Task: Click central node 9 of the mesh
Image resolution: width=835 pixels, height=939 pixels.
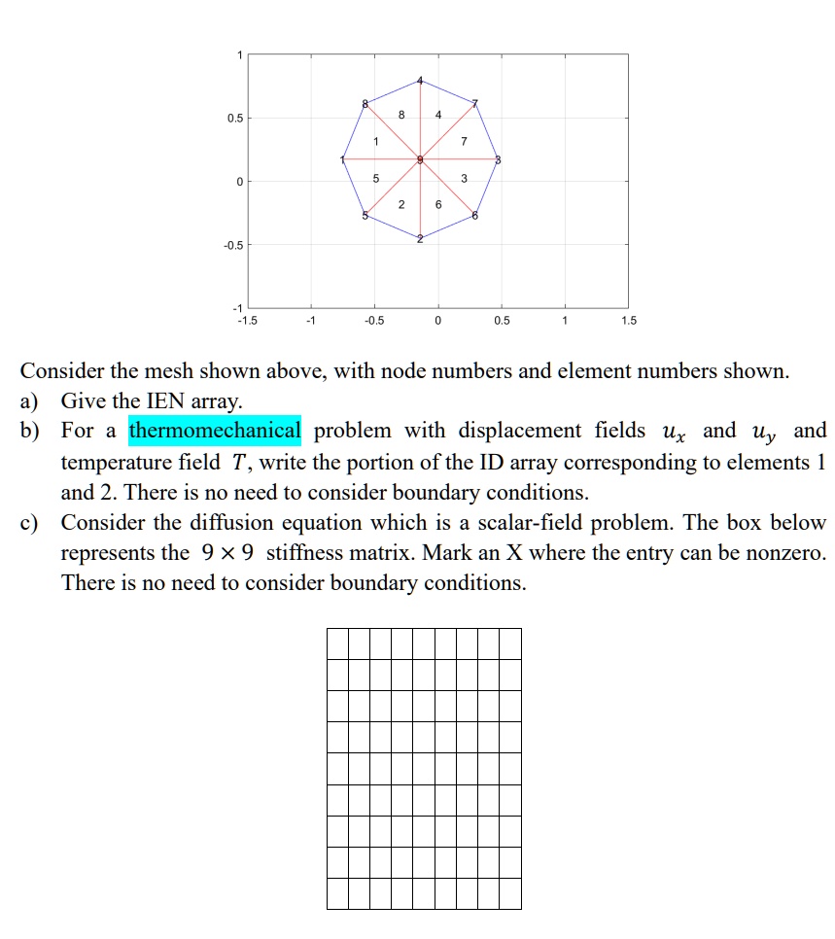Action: [420, 159]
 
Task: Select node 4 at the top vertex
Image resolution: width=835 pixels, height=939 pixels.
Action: [420, 80]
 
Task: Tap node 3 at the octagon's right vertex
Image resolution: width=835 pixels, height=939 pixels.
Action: [498, 159]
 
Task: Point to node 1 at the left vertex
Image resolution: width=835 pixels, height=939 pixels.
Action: [342, 159]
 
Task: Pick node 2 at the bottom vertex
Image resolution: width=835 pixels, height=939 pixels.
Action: [420, 239]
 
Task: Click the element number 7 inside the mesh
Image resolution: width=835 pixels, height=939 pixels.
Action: [464, 142]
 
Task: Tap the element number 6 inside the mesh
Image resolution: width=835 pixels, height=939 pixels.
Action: [438, 204]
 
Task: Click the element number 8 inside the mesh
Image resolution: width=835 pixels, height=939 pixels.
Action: [400, 115]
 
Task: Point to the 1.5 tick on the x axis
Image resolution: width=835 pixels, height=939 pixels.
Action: [628, 321]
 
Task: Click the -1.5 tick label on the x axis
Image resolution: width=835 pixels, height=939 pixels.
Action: [248, 321]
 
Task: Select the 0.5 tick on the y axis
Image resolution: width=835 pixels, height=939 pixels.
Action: [233, 119]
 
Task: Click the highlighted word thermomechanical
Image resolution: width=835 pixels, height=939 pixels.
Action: [215, 431]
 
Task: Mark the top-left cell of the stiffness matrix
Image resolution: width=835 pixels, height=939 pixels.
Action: [337, 643]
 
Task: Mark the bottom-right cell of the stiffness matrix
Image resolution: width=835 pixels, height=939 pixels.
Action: [510, 893]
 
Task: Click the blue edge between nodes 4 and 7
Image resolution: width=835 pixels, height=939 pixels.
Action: [448, 91]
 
